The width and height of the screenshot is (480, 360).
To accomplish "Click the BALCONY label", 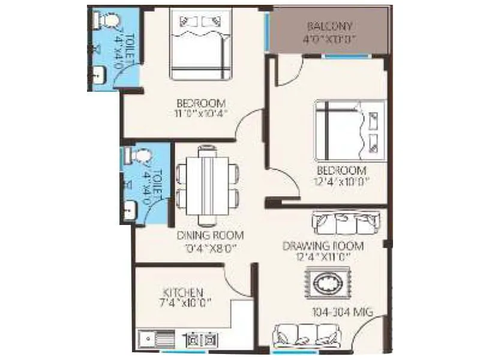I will click(329, 27).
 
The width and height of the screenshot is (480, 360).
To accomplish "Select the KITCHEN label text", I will click(183, 292).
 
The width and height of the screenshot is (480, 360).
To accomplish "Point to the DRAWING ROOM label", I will click(324, 246).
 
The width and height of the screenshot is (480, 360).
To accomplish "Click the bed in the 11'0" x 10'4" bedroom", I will click(200, 43).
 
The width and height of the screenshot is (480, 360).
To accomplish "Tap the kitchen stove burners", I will click(201, 340).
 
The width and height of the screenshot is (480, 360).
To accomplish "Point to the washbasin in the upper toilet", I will click(98, 76).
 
